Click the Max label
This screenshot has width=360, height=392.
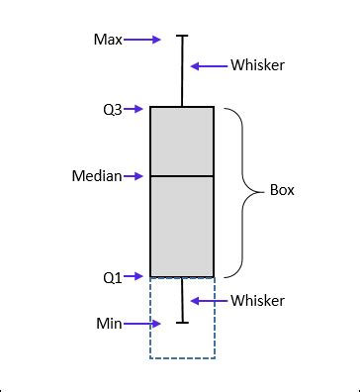pos(108,40)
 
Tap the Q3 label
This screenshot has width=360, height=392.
pos(113,109)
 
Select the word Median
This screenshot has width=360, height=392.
pos(96,176)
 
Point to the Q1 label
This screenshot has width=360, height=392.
pos(113,277)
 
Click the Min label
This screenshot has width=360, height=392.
pos(109,323)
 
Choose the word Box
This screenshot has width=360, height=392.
pos(282,189)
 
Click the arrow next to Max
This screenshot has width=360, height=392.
pos(142,40)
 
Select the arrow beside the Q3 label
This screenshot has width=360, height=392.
pos(135,109)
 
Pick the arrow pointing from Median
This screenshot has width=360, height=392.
pos(135,176)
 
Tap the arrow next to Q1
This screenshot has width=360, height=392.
pos(135,277)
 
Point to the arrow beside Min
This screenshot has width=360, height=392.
pos(141,323)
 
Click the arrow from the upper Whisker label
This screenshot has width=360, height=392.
pos(209,66)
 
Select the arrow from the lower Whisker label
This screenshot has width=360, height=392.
pos(209,300)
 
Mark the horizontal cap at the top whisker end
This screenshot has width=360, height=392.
pos(182,37)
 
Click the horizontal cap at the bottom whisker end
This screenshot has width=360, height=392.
pos(182,322)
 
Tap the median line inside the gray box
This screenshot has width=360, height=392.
pos(182,176)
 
